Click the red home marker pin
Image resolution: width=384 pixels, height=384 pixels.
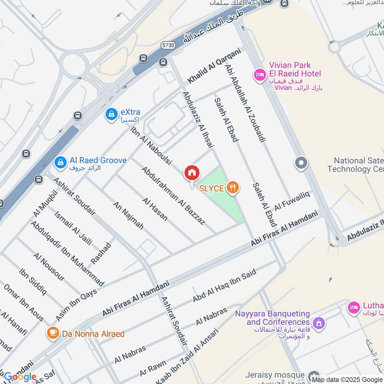192,173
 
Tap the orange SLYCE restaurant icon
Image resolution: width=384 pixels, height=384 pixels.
233,187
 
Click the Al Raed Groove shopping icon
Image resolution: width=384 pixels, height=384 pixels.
60,162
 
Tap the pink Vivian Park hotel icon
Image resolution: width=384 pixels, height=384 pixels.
260,74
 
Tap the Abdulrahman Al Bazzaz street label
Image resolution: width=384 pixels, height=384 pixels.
173,195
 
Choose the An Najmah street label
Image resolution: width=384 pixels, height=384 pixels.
128,216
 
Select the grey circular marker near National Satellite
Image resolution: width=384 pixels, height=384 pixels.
301,163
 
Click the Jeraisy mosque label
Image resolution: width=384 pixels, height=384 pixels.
275,374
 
